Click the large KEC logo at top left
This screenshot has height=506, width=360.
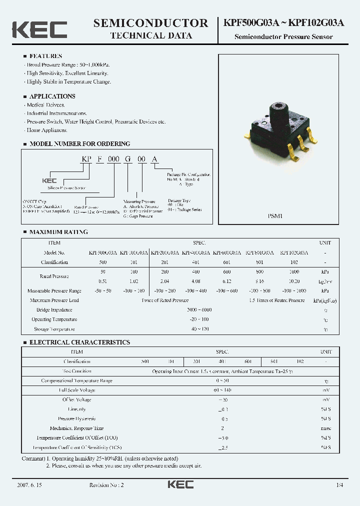pyautogui.click(x=39, y=29)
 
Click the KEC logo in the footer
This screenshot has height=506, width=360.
pyautogui.click(x=180, y=484)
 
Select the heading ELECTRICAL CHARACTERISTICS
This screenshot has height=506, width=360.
pyautogui.click(x=79, y=342)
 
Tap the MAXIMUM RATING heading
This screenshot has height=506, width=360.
pyautogui.click(x=58, y=232)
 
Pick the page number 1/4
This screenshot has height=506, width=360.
pyautogui.click(x=340, y=485)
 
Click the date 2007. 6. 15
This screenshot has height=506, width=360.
pyautogui.click(x=31, y=485)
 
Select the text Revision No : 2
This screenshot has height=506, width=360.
pyautogui.click(x=106, y=485)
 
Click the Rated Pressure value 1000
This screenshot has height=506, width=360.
pyautogui.click(x=294, y=271)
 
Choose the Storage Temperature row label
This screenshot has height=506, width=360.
pyautogui.click(x=54, y=329)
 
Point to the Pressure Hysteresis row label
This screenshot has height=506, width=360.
pyautogui.click(x=76, y=418)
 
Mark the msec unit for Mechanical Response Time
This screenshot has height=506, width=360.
pyautogui.click(x=325, y=428)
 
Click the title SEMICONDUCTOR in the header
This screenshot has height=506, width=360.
pyautogui.click(x=150, y=23)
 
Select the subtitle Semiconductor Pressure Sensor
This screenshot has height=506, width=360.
pyautogui.click(x=283, y=37)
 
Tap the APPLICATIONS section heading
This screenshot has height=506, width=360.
pyautogui.click(x=52, y=96)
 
